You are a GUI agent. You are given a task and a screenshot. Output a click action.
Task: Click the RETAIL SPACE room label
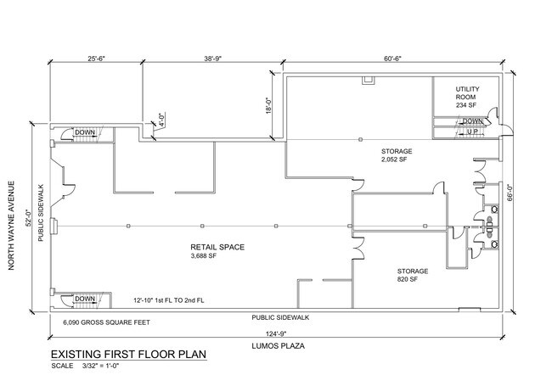[217, 247]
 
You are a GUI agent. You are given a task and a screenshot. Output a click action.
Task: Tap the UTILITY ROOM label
[467, 92]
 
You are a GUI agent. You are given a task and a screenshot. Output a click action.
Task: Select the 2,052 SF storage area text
[394, 160]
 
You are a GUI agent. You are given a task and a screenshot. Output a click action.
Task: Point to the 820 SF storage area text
[408, 279]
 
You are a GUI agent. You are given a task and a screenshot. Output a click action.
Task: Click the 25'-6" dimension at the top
[96, 59]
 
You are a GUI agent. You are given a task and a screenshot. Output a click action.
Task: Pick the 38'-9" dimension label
[212, 59]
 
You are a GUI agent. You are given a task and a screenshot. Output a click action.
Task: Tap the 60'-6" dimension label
[392, 59]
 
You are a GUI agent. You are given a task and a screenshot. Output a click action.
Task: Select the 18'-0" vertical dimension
[269, 105]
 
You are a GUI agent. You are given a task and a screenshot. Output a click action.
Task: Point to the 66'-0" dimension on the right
[510, 193]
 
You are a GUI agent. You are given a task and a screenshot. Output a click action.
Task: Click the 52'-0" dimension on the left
[30, 217]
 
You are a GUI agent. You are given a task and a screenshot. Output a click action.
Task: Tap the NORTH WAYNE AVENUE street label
[11, 226]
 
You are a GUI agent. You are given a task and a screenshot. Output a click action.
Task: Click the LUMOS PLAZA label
[278, 346]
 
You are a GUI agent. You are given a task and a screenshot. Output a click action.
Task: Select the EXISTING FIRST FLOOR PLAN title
[128, 355]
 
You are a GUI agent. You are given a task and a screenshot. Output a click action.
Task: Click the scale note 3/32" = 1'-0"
[101, 366]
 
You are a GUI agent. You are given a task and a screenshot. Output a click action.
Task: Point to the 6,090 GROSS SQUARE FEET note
[106, 322]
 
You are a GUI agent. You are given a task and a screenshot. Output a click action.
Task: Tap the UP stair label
[472, 132]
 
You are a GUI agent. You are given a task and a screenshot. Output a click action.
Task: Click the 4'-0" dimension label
[161, 120]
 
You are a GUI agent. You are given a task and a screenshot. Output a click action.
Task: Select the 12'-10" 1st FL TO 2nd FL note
[169, 300]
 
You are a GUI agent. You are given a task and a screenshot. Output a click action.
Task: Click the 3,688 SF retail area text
[204, 256]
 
